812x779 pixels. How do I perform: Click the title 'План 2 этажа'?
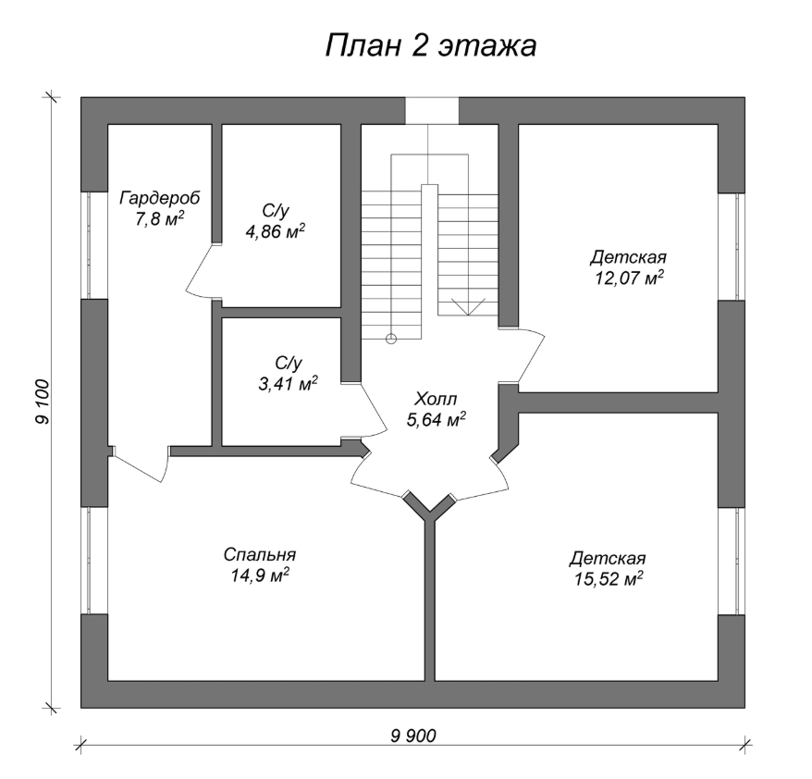coord(430,45)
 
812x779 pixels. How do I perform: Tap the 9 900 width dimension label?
coord(413,736)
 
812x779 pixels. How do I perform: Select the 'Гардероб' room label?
coord(159,198)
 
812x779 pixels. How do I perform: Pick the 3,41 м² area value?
coord(288,384)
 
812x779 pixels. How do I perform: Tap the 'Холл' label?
coord(436,400)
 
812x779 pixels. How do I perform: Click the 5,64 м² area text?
coord(436,420)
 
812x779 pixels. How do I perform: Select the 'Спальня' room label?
coord(260,555)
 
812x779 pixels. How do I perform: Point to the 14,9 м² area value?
coord(260,575)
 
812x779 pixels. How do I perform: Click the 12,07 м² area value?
coord(629,278)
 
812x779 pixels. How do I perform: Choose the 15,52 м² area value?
coord(608,579)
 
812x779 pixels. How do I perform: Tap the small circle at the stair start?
coord(391,339)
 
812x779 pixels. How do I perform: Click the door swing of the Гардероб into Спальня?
coord(140,465)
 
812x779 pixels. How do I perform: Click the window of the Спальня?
coord(89,561)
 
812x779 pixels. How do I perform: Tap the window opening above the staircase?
coord(432,111)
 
